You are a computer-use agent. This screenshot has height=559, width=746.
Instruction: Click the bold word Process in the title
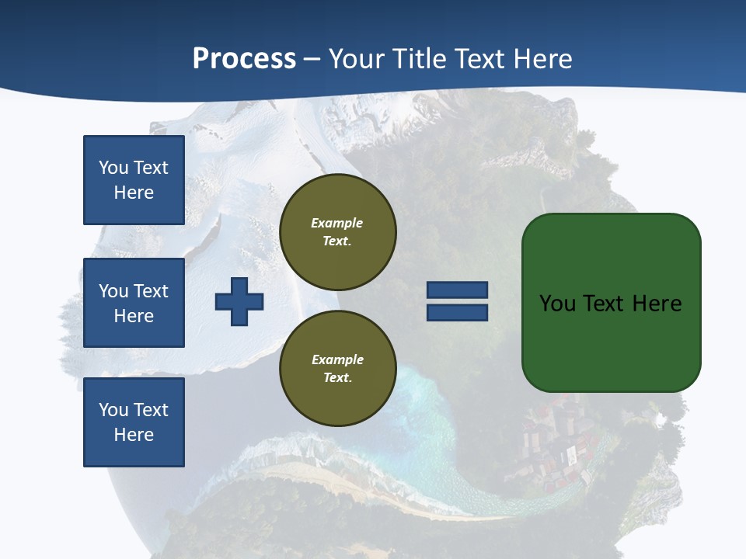click(x=244, y=59)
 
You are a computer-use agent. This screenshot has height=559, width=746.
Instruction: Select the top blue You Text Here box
click(x=134, y=180)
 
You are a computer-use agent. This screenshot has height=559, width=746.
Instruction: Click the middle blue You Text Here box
click(x=134, y=303)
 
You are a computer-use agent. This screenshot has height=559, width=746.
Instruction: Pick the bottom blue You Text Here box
click(x=134, y=422)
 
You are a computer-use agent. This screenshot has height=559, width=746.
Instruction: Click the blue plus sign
click(x=239, y=301)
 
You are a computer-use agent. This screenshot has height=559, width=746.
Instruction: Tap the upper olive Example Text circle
click(x=338, y=232)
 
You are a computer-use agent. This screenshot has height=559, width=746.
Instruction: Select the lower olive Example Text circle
click(x=338, y=369)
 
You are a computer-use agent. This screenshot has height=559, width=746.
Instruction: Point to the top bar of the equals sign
click(x=457, y=290)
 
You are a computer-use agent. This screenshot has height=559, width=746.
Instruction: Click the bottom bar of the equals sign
click(x=457, y=313)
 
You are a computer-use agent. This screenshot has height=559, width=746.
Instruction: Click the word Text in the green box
click(x=604, y=304)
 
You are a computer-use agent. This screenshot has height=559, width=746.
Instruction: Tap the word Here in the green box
click(x=657, y=304)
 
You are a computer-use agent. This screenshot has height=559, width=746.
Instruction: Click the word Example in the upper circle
click(x=337, y=223)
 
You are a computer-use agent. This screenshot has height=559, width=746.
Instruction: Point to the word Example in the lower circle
click(x=337, y=359)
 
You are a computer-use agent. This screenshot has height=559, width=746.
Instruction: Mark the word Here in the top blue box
click(x=134, y=193)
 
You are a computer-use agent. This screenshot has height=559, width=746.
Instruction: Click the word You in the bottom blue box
click(x=113, y=410)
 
